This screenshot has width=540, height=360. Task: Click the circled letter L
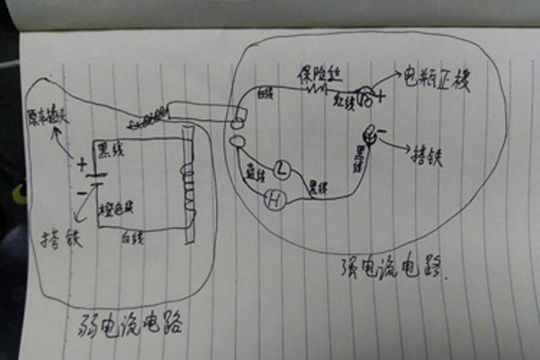281,168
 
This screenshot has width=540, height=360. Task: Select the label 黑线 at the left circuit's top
113,147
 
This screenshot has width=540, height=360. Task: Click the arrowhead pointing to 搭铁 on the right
410,147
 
